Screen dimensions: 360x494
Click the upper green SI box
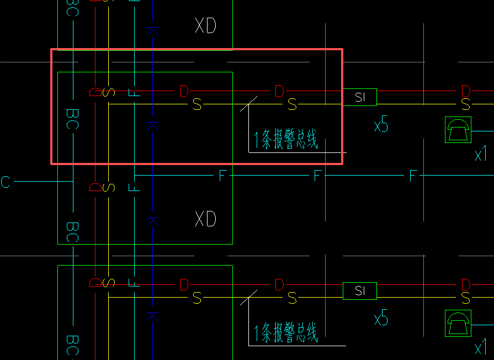pyautogui.click(x=360, y=97)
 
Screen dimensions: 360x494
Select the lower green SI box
pyautogui.click(x=360, y=291)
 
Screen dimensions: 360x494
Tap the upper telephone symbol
pyautogui.click(x=458, y=130)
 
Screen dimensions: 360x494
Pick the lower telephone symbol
pyautogui.click(x=458, y=323)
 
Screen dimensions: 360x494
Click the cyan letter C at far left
pyautogui.click(x=6, y=182)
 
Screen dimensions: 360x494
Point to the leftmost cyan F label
pyautogui.click(x=222, y=176)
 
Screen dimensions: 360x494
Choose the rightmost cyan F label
pyautogui.click(x=413, y=176)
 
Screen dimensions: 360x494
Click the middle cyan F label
pyautogui.click(x=317, y=176)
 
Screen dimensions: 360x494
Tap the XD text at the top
pyautogui.click(x=205, y=25)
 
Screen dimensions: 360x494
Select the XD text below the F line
pyautogui.click(x=205, y=219)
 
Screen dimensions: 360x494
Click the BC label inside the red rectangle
pyautogui.click(x=72, y=119)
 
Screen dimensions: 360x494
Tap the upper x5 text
pyautogui.click(x=381, y=126)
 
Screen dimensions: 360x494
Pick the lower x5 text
pyautogui.click(x=381, y=319)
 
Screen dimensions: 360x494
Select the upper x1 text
pyautogui.click(x=481, y=155)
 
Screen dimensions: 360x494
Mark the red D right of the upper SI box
pyautogui.click(x=466, y=91)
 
